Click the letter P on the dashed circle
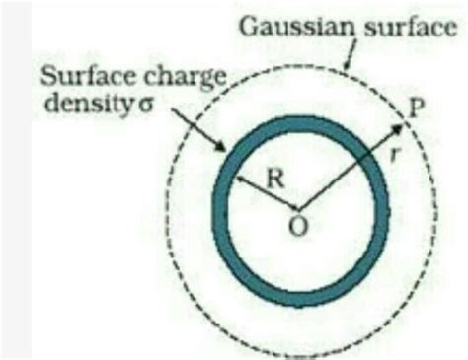(421, 108)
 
